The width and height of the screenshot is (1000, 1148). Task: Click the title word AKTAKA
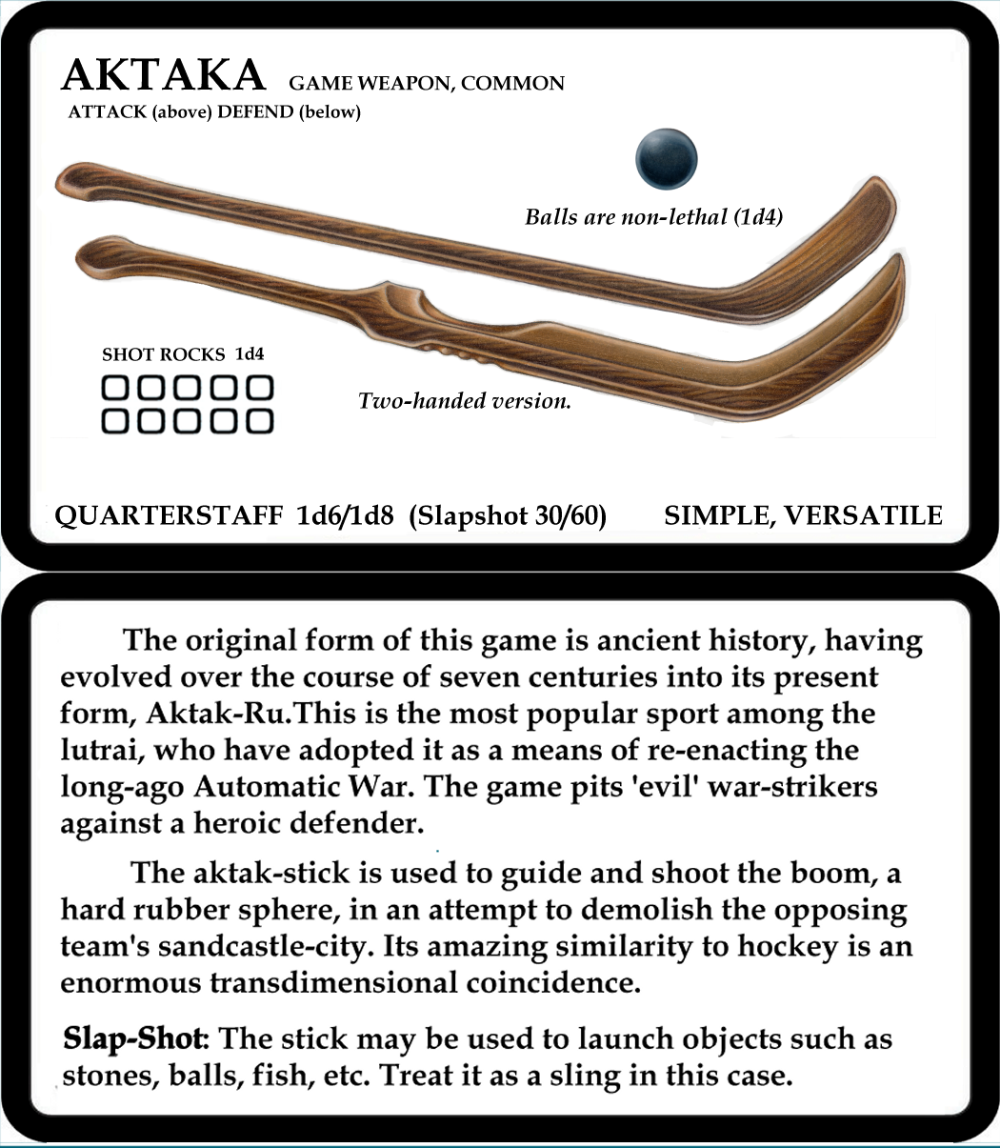tap(163, 76)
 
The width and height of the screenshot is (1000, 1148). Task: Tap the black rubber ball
tap(667, 159)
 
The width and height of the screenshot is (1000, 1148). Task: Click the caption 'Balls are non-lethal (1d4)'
tap(653, 217)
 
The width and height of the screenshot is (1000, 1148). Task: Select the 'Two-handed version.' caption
tap(465, 401)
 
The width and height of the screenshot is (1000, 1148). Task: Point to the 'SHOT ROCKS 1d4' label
tap(183, 354)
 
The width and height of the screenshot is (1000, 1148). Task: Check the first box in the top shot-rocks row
tap(115, 388)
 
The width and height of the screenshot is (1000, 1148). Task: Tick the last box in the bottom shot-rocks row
tap(259, 421)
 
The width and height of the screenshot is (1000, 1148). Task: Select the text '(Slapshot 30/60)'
tap(508, 516)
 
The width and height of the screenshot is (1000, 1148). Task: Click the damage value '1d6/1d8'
tap(346, 516)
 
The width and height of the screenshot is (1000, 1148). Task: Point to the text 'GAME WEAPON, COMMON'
tap(427, 84)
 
